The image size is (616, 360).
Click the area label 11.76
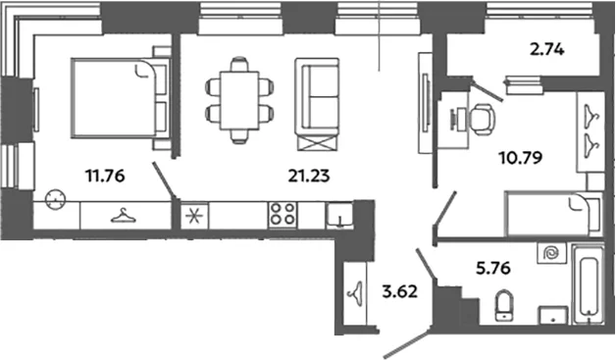point(105,176)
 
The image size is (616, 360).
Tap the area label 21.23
point(309,176)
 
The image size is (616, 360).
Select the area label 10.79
point(521,158)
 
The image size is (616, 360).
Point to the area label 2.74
point(547,50)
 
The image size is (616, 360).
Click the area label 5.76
point(493,268)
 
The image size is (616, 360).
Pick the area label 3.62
point(399,292)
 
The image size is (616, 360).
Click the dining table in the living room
point(239,100)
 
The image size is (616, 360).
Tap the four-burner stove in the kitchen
point(282,214)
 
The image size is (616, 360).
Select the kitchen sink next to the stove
point(339,215)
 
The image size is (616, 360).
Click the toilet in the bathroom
point(504,305)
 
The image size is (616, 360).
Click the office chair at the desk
point(483,120)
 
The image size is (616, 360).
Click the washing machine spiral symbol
point(552,253)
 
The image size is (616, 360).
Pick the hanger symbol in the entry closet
point(356,293)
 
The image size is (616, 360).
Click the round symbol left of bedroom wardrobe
point(55,200)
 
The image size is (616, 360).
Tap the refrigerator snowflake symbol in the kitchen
point(194,217)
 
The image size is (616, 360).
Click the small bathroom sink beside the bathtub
point(554,316)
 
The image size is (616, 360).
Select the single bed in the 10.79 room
point(553,214)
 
